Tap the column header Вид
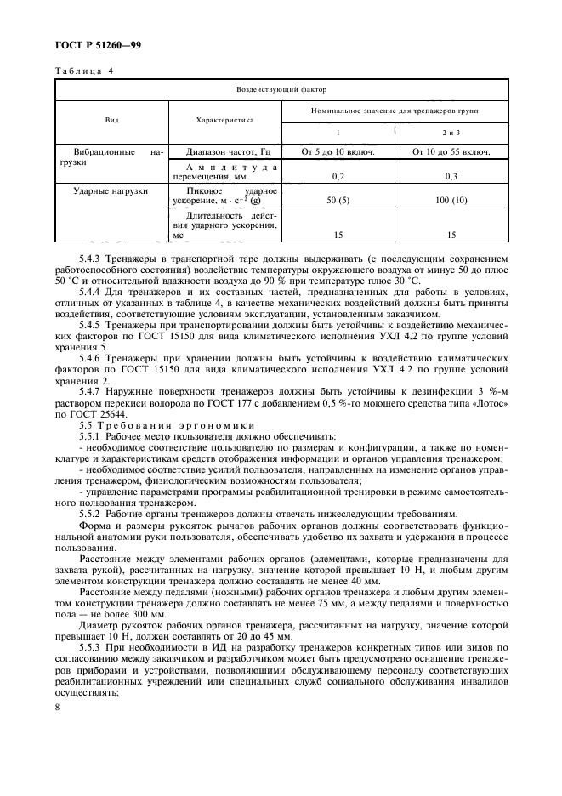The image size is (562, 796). (x=112, y=121)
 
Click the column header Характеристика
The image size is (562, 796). (x=226, y=121)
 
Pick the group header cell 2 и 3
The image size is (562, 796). (x=451, y=134)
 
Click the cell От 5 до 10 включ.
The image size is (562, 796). (x=338, y=152)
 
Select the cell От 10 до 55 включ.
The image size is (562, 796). (x=451, y=152)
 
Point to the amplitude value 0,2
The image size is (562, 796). (x=338, y=176)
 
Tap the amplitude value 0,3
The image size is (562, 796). (x=451, y=176)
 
